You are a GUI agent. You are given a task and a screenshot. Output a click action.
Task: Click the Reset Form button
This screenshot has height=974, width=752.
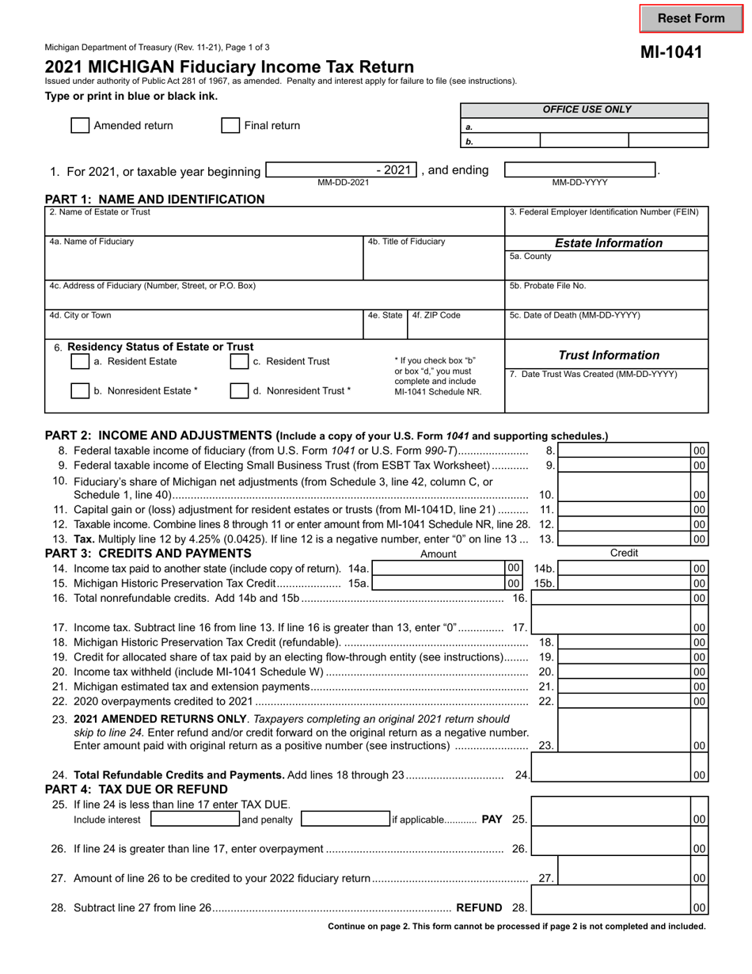point(691,18)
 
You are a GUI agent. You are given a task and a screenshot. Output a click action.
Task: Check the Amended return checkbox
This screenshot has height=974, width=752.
point(80,125)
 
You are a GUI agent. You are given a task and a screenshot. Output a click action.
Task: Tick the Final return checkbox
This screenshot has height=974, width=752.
point(230,125)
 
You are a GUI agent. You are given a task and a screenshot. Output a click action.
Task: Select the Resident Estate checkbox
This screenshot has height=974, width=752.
point(80,361)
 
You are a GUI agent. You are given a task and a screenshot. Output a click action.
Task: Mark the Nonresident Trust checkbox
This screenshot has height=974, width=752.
point(239,390)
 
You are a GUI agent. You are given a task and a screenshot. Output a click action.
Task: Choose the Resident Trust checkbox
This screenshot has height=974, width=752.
point(239,361)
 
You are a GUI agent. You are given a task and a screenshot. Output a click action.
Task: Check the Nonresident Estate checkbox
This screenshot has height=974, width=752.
point(80,390)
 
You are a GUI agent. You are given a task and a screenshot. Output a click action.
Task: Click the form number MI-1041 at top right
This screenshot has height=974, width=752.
point(671,53)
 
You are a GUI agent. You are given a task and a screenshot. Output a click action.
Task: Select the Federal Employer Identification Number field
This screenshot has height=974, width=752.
point(606,226)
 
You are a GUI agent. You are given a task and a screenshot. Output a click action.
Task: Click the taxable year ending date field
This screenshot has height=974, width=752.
point(580,170)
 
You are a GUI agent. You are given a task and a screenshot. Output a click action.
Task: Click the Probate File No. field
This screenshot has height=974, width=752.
point(606,299)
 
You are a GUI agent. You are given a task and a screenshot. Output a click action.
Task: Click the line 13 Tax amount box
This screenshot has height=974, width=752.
point(625,539)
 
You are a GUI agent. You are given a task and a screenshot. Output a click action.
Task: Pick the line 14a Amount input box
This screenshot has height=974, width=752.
point(438,568)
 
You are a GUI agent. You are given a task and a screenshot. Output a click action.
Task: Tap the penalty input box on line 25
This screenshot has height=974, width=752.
point(345,820)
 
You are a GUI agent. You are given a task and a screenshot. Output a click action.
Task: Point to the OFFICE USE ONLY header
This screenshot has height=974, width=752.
point(587,110)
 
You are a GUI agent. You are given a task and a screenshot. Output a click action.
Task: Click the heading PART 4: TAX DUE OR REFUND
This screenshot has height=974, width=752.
point(136,789)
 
